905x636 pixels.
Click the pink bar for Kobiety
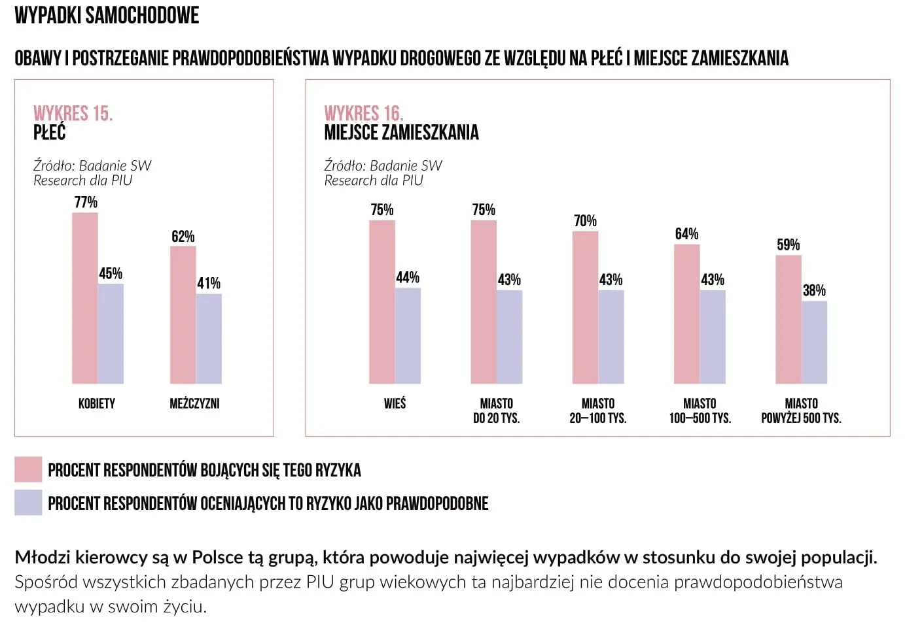85,298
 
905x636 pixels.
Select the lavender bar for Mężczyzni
209,339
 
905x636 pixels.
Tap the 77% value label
86,202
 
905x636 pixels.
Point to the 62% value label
183,236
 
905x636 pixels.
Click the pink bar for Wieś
382,302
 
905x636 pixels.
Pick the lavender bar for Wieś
408,335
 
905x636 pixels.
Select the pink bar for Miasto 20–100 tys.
585,307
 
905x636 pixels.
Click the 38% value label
814,290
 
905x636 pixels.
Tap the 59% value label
788,244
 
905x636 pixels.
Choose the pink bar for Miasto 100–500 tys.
687,314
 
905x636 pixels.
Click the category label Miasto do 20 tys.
496,410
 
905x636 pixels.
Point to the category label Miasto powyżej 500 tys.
801,410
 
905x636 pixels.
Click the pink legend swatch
28,469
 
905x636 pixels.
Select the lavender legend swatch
28,503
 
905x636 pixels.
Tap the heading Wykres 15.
73,113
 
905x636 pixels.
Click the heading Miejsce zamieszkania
401,133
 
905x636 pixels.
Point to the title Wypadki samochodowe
107,15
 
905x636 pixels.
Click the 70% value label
585,221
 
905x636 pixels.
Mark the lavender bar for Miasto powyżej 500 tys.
814,342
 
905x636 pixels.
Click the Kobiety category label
97,403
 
